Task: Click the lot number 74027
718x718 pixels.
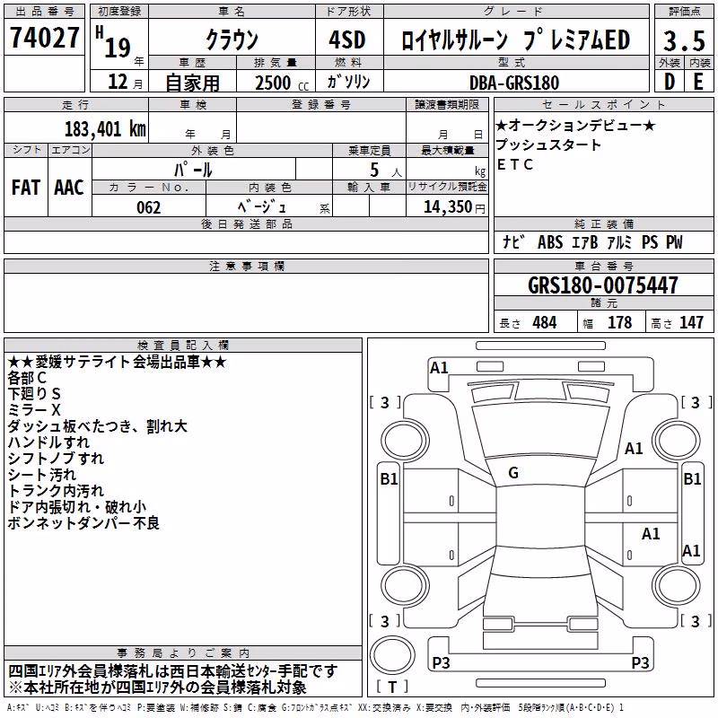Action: (45, 37)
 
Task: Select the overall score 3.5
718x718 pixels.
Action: (684, 40)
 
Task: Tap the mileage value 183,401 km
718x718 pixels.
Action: (105, 129)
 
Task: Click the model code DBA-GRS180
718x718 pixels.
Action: (514, 83)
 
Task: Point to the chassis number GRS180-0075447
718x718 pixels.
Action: (603, 285)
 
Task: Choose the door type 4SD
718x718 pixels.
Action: (347, 39)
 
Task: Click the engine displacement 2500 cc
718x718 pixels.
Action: (282, 83)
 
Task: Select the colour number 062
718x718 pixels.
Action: (149, 207)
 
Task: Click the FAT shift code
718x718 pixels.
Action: (26, 188)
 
